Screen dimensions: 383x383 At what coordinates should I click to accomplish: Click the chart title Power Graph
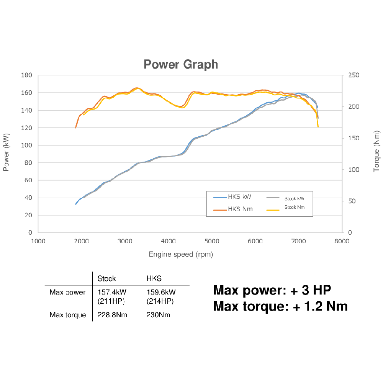[181, 64]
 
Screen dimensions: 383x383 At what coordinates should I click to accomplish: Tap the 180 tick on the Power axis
[27, 75]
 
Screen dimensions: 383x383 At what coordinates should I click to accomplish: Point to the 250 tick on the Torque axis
[354, 75]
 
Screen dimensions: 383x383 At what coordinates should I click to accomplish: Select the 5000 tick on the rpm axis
[212, 241]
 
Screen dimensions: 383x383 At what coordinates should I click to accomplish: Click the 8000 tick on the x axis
[342, 241]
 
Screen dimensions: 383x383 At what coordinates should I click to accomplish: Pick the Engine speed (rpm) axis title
[181, 254]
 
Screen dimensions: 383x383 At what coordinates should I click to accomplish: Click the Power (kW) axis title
[6, 154]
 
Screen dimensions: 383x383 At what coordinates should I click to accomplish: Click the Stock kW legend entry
[294, 198]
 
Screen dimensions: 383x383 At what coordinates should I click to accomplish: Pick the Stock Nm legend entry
[295, 207]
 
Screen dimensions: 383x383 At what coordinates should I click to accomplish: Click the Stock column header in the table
[107, 278]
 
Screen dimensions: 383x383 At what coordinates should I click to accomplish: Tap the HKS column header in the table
[154, 278]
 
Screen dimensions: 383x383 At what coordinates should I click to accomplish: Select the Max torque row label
[68, 315]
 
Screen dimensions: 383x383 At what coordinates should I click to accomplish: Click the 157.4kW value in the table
[112, 293]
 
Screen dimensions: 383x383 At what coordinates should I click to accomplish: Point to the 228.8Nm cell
[113, 315]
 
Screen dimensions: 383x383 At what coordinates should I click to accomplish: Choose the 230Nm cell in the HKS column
[158, 315]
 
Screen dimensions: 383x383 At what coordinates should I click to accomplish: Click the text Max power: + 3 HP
[272, 290]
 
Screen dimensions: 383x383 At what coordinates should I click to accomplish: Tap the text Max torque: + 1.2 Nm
[280, 306]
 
